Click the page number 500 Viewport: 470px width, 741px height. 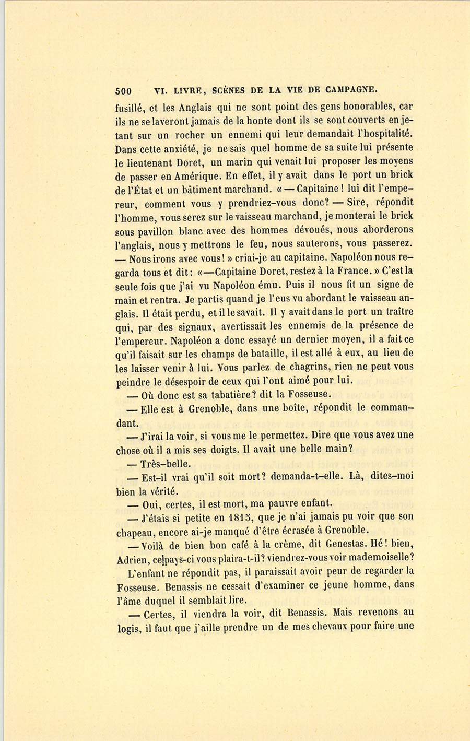[123, 90]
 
